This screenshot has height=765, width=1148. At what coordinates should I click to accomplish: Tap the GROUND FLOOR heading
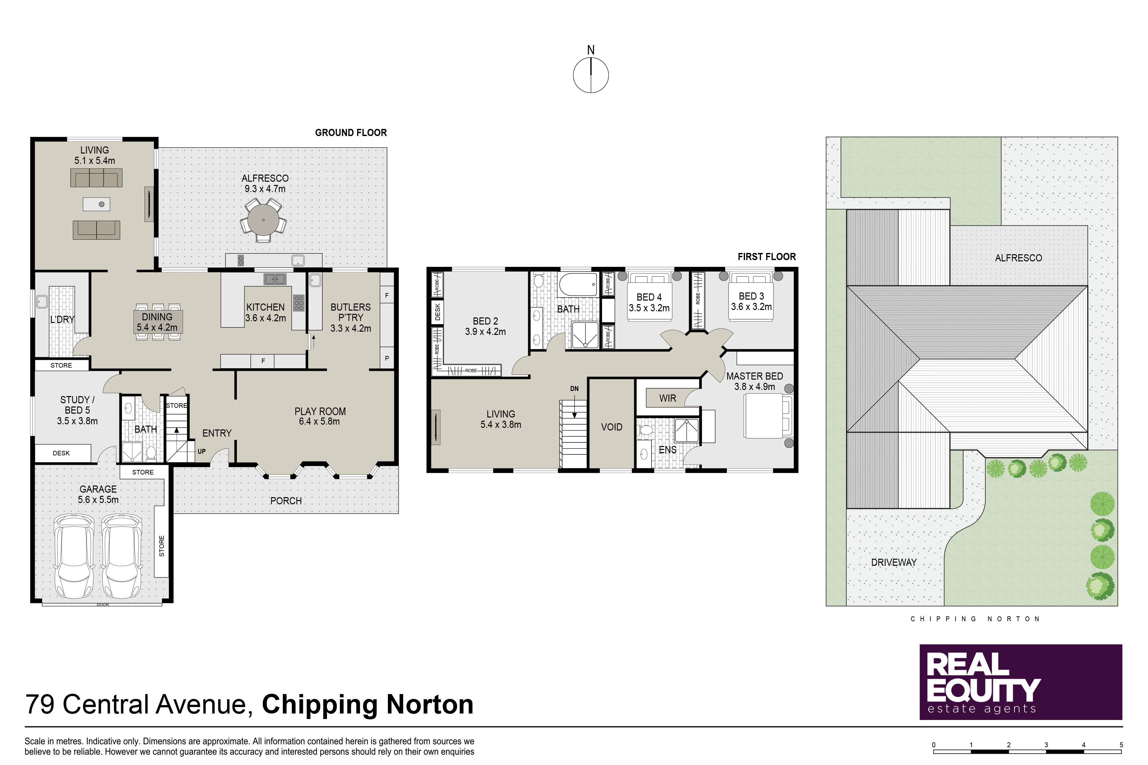click(351, 133)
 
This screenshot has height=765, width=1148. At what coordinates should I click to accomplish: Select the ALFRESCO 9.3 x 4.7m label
click(265, 183)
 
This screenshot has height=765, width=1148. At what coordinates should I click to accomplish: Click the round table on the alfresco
click(263, 220)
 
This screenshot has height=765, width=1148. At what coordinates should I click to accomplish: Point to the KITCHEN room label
click(265, 307)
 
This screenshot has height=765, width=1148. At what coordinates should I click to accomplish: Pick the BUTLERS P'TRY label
click(351, 312)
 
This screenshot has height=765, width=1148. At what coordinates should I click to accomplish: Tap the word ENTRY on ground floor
click(217, 433)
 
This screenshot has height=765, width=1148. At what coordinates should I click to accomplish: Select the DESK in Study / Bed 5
click(62, 453)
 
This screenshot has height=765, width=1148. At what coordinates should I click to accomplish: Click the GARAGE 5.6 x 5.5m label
click(98, 494)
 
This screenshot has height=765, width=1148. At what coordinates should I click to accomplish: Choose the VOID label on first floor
click(611, 428)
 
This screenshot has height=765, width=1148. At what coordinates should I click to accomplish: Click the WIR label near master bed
click(668, 399)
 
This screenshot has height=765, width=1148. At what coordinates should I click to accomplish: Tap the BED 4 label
click(649, 297)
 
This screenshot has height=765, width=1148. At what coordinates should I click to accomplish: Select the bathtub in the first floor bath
click(578, 284)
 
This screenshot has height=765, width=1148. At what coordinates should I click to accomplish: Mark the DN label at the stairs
click(574, 389)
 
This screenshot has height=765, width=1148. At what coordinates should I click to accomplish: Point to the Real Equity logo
click(1021, 682)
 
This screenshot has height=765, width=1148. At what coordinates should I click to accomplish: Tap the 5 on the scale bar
click(1121, 745)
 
